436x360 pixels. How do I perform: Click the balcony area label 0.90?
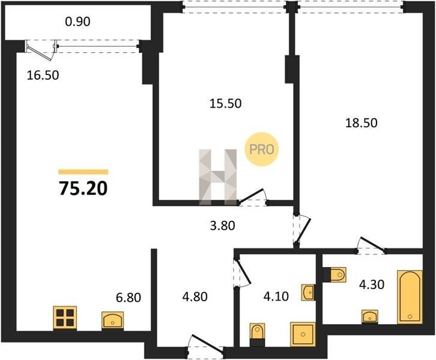tap(77, 22)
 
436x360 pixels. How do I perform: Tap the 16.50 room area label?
tap(43, 75)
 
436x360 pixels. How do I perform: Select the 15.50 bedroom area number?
tap(225, 104)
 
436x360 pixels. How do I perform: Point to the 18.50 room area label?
tap(361, 123)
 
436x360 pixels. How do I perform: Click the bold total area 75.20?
tap(83, 188)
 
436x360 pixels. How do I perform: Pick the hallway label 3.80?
tap(222, 226)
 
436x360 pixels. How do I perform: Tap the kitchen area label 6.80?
tap(129, 298)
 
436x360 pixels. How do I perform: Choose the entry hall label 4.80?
tap(195, 296)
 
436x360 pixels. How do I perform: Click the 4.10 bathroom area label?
tap(276, 296)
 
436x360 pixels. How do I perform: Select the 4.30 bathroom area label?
tap(372, 284)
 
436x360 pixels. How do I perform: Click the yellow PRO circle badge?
tap(261, 149)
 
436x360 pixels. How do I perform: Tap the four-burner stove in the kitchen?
tap(65, 318)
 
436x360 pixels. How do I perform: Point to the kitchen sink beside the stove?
tap(113, 320)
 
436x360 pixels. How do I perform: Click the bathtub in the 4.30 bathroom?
tap(410, 296)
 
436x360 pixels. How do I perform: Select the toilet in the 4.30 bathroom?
tap(335, 275)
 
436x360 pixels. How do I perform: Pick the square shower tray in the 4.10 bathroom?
tap(303, 334)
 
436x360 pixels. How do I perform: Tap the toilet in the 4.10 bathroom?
tap(257, 334)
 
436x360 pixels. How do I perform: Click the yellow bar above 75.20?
tap(83, 172)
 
